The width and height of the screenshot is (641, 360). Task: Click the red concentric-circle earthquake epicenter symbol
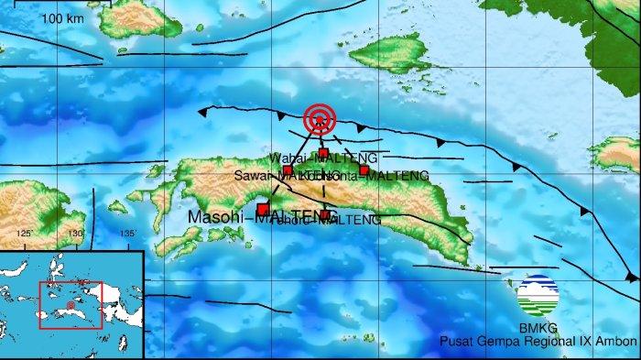(320, 118)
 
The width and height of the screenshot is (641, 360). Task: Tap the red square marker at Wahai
(323, 153)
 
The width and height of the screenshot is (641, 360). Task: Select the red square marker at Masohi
(263, 210)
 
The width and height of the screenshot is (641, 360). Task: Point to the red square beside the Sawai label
(288, 170)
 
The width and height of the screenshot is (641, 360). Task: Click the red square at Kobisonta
(364, 169)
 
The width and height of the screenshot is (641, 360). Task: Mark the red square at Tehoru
(325, 214)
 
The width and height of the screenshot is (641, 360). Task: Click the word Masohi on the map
(218, 217)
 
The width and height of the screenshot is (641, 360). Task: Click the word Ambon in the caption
(617, 342)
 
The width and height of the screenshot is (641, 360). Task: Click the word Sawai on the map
(249, 175)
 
